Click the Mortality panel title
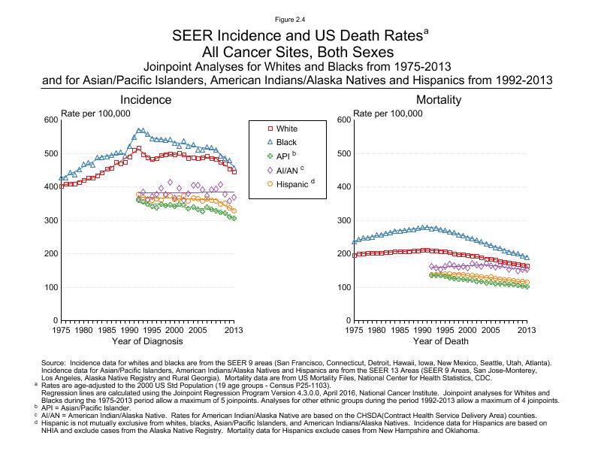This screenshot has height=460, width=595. coord(439,100)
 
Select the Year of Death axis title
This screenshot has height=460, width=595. coord(439,342)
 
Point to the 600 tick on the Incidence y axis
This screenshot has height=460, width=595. coord(50,120)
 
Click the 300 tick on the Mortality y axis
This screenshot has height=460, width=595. coord(343,220)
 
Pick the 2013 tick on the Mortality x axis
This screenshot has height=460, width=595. coord(527,330)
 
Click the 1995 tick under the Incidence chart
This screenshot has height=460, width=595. coord(152,330)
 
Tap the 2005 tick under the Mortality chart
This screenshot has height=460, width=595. coord(491,330)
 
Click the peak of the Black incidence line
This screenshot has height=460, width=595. coord(139,130)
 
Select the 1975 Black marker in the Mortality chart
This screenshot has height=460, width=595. coord(354,242)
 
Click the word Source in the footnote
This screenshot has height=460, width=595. coord(55,362)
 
